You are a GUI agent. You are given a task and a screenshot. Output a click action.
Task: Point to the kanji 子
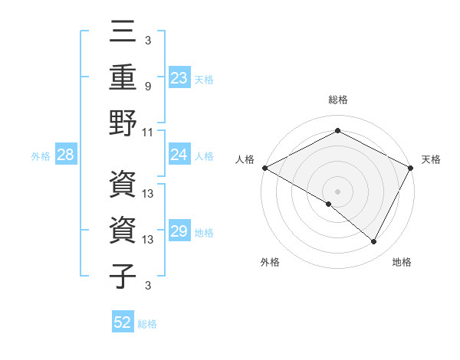click(x=123, y=275)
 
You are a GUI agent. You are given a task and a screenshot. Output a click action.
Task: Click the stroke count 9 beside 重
click(x=149, y=87)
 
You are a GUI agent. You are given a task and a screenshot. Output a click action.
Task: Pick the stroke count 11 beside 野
click(x=149, y=132)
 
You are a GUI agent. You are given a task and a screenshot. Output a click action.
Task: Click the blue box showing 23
click(x=179, y=78)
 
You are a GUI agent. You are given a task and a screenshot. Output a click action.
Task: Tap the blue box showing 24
click(x=179, y=155)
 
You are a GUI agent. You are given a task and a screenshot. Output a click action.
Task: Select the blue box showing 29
click(x=179, y=232)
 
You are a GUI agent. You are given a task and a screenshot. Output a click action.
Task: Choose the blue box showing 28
click(x=66, y=155)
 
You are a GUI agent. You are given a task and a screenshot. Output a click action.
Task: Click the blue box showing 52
click(x=123, y=322)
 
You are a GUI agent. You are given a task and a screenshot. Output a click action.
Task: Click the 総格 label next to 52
click(x=147, y=324)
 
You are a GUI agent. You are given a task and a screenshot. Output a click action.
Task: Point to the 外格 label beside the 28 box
click(x=41, y=156)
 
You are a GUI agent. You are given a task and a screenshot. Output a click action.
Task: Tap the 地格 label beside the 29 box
click(x=205, y=233)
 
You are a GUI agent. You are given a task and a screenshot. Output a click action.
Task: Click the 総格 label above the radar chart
click(x=338, y=100)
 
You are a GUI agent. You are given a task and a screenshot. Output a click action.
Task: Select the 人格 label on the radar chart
click(x=245, y=159)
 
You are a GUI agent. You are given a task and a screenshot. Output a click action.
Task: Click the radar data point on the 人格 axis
click(x=264, y=168)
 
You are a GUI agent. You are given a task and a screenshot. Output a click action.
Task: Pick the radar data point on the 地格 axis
click(x=374, y=242)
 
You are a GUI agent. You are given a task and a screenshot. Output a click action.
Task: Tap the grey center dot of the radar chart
click(x=337, y=191)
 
